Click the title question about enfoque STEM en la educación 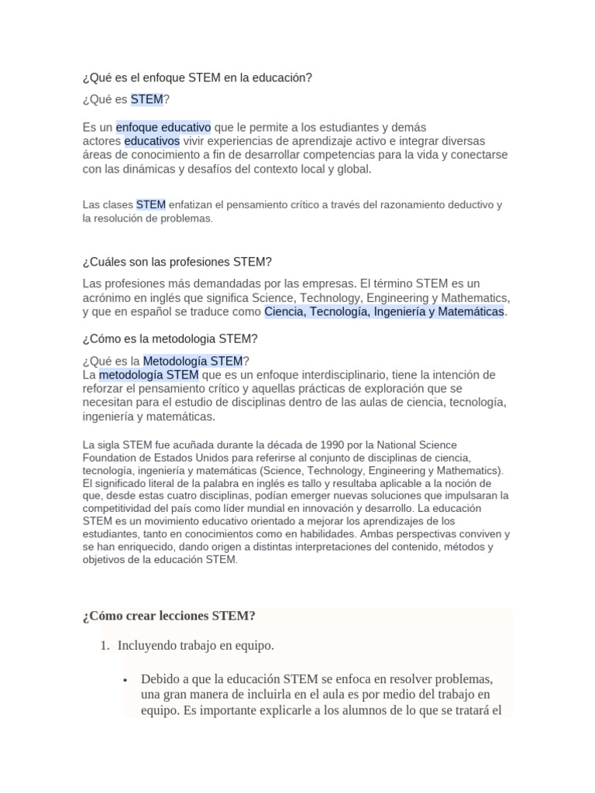(x=197, y=78)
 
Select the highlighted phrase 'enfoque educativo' (x=163, y=127)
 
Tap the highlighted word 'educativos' (x=152, y=141)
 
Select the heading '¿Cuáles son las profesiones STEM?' (x=177, y=262)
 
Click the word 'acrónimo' (x=108, y=298)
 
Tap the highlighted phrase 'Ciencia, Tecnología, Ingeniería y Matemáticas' (x=384, y=312)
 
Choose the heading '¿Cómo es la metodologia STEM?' (x=170, y=339)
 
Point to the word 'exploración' (x=394, y=389)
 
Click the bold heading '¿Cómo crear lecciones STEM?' (x=169, y=616)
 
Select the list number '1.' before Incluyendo (x=105, y=646)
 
